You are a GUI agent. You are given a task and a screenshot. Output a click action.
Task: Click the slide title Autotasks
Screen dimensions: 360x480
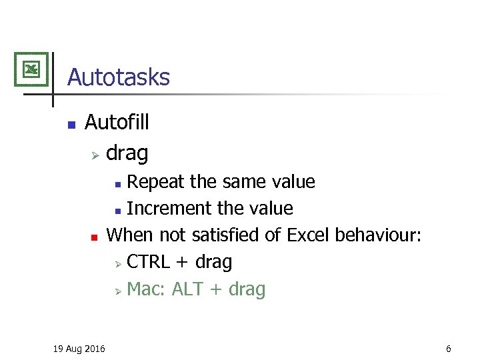point(118,77)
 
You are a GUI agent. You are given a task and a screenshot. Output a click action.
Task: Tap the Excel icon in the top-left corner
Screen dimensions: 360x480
point(31,69)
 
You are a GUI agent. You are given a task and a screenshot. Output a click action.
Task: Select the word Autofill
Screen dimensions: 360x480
point(117,122)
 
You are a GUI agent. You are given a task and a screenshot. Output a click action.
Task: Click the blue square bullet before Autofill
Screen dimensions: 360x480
point(71,124)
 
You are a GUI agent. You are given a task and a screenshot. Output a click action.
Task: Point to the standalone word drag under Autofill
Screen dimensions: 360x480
point(127,153)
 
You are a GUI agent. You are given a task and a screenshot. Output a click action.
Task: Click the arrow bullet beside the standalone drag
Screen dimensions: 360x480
point(95,155)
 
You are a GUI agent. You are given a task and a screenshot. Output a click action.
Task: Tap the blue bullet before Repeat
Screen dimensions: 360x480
point(117,183)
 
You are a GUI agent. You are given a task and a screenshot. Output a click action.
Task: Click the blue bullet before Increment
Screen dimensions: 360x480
point(117,211)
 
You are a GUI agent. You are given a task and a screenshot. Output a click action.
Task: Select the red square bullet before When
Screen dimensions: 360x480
point(95,237)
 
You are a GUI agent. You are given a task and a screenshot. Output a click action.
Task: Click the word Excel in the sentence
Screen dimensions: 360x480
point(309,235)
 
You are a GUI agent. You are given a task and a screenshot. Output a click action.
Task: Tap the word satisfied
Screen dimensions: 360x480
point(226,235)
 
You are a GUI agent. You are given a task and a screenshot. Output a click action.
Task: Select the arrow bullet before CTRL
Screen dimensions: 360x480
point(117,264)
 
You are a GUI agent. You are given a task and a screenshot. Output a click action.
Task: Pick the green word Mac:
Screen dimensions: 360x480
point(146,289)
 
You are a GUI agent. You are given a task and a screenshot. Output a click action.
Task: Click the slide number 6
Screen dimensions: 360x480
point(449,349)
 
